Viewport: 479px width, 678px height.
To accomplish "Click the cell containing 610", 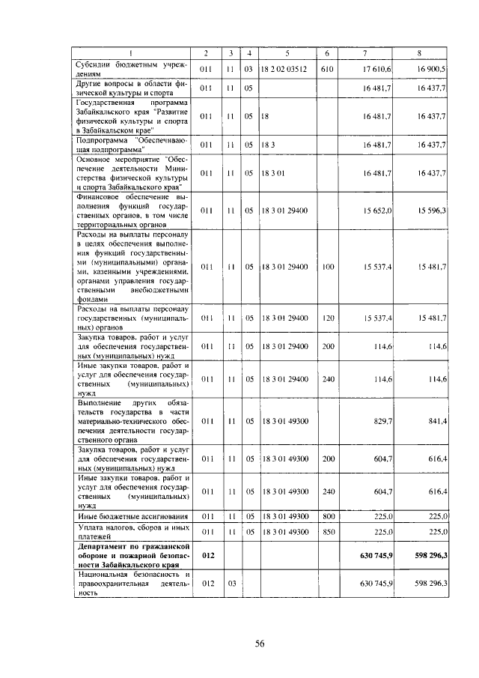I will pos(327,69).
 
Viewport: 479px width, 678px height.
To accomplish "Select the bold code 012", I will pos(208,555).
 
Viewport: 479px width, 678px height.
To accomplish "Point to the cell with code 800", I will pos(327,516).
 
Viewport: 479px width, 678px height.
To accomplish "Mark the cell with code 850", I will pos(327,531).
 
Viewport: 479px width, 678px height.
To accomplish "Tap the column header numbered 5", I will pos(287,52).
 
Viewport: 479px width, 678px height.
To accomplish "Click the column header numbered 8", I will pos(421,52).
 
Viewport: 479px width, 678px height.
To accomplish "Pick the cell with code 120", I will pos(327,318).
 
